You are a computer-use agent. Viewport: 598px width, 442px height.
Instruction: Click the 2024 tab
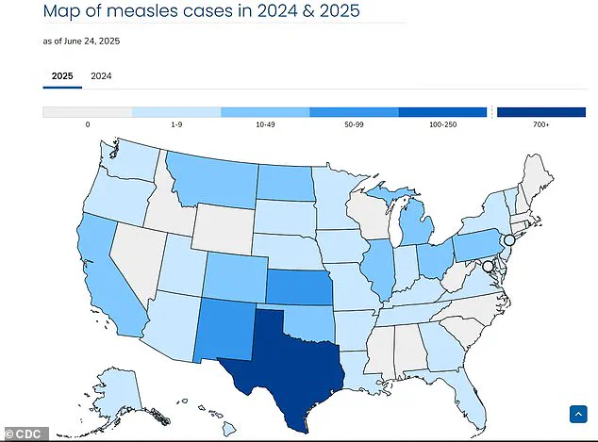tap(101, 75)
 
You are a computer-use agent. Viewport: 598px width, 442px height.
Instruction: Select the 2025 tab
tap(62, 75)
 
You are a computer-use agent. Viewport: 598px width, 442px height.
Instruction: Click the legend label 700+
tap(540, 124)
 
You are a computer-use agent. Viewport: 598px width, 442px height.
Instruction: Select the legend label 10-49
tap(265, 124)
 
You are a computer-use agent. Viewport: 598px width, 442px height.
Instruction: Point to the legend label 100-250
tap(442, 124)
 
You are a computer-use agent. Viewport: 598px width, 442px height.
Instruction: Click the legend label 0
tap(88, 124)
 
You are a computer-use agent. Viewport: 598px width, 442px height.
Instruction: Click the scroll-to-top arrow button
tap(578, 414)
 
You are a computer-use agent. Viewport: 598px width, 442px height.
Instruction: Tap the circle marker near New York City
tap(509, 241)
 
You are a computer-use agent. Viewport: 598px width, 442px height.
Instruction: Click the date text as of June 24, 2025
tap(82, 41)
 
